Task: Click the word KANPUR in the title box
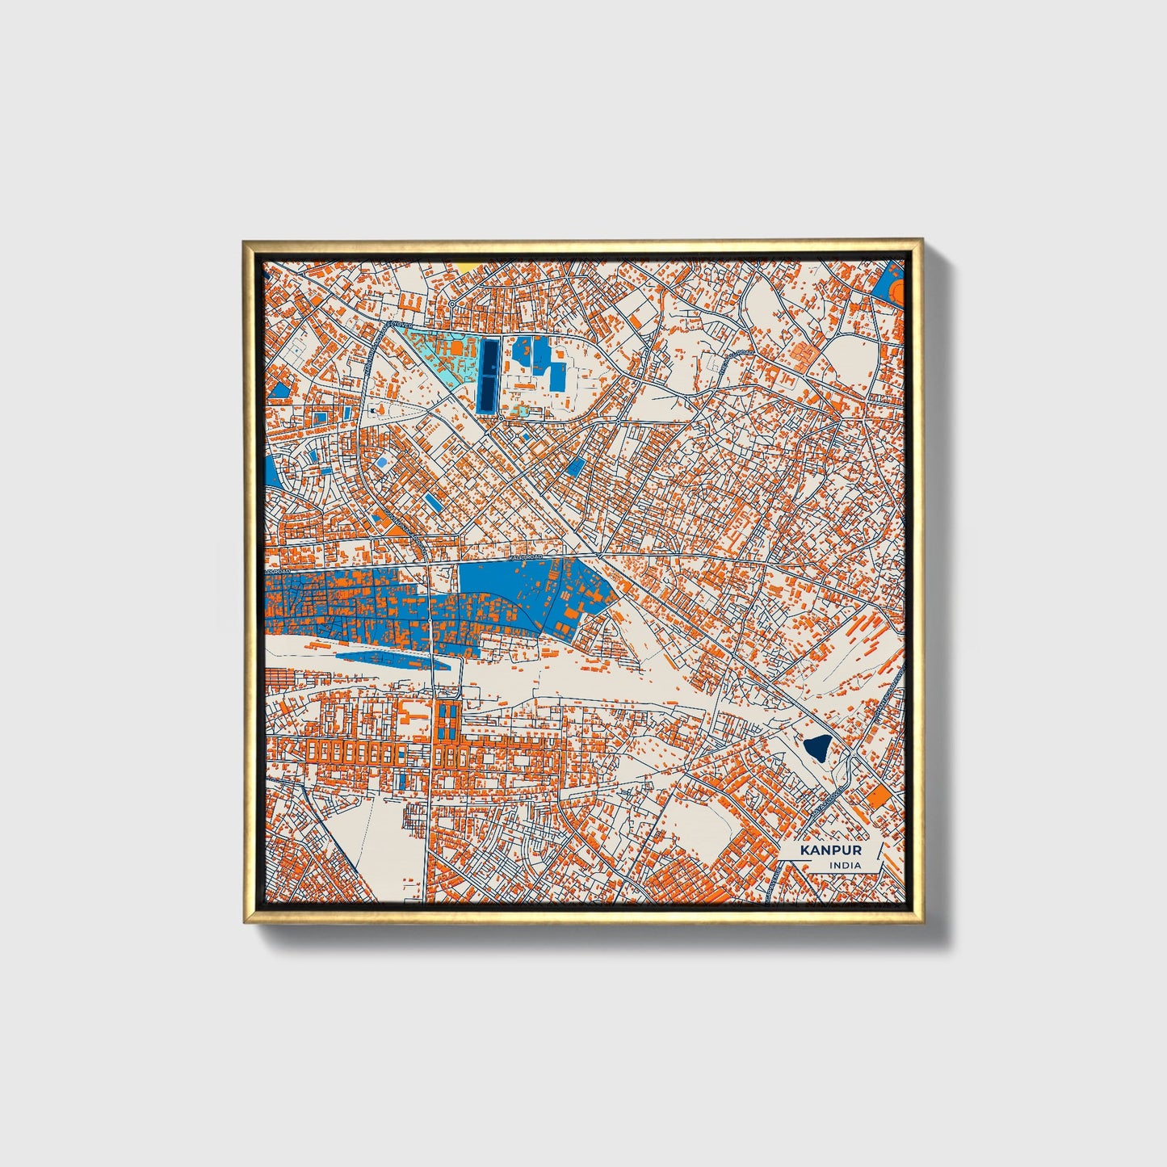pos(830,850)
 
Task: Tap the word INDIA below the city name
pos(844,866)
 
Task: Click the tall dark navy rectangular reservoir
pos(489,375)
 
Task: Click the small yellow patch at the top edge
pos(468,265)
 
